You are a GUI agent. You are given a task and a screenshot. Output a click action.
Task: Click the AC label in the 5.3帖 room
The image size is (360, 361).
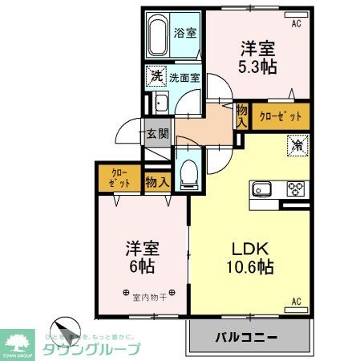pos(296,24)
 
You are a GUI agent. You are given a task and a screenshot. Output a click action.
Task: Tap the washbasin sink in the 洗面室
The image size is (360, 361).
pos(160,102)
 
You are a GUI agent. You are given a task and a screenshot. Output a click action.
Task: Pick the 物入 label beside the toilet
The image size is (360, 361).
pos(156,181)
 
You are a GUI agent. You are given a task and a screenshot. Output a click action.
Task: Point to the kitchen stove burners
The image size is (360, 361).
pos(296,190)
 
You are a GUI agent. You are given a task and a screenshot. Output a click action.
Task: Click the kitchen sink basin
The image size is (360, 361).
pos(264,190)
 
